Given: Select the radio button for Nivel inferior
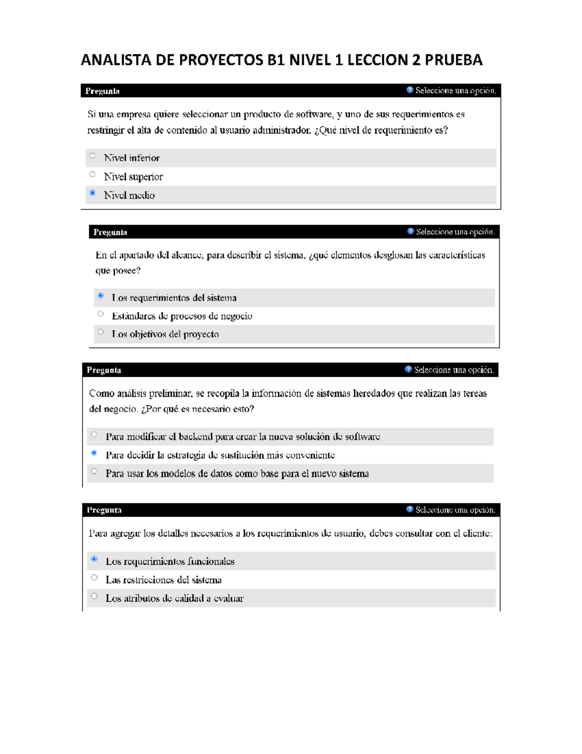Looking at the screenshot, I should pos(93,156).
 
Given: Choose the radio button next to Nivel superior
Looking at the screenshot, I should pos(93,174).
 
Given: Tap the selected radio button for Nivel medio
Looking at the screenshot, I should pos(93,193).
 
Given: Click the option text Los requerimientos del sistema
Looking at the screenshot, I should pos(174,298).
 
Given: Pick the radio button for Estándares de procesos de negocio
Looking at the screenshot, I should pos(100,314).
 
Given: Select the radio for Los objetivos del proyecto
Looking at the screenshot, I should pos(100,332).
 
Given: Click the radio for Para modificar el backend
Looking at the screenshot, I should pos(94,435).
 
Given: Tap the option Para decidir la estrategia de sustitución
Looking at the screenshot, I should pos(220,455).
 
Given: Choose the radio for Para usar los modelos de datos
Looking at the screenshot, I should pos(94,471).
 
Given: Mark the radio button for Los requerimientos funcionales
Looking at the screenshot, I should pos(94,559).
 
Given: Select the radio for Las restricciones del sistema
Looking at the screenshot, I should pos(94,578).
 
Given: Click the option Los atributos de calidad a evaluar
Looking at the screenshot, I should pos(175,599).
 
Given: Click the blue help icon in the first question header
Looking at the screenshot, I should pos(410,90).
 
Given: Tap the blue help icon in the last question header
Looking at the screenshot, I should pos(410,509).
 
